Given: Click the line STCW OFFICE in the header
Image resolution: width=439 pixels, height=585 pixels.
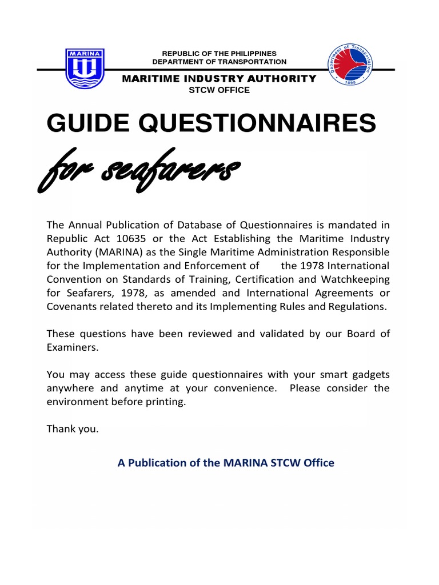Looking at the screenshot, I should pyautogui.click(x=219, y=90).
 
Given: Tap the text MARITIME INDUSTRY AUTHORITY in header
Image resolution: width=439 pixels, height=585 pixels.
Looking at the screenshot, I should pyautogui.click(x=219, y=79).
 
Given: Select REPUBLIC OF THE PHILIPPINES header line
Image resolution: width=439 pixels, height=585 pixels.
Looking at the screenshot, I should pyautogui.click(x=219, y=53).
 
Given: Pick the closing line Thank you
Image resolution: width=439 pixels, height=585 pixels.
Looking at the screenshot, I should pyautogui.click(x=73, y=429).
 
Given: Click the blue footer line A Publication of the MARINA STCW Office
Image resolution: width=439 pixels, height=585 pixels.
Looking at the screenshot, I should pyautogui.click(x=226, y=463).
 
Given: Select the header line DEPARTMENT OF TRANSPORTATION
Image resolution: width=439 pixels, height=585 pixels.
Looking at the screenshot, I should pyautogui.click(x=219, y=62).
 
